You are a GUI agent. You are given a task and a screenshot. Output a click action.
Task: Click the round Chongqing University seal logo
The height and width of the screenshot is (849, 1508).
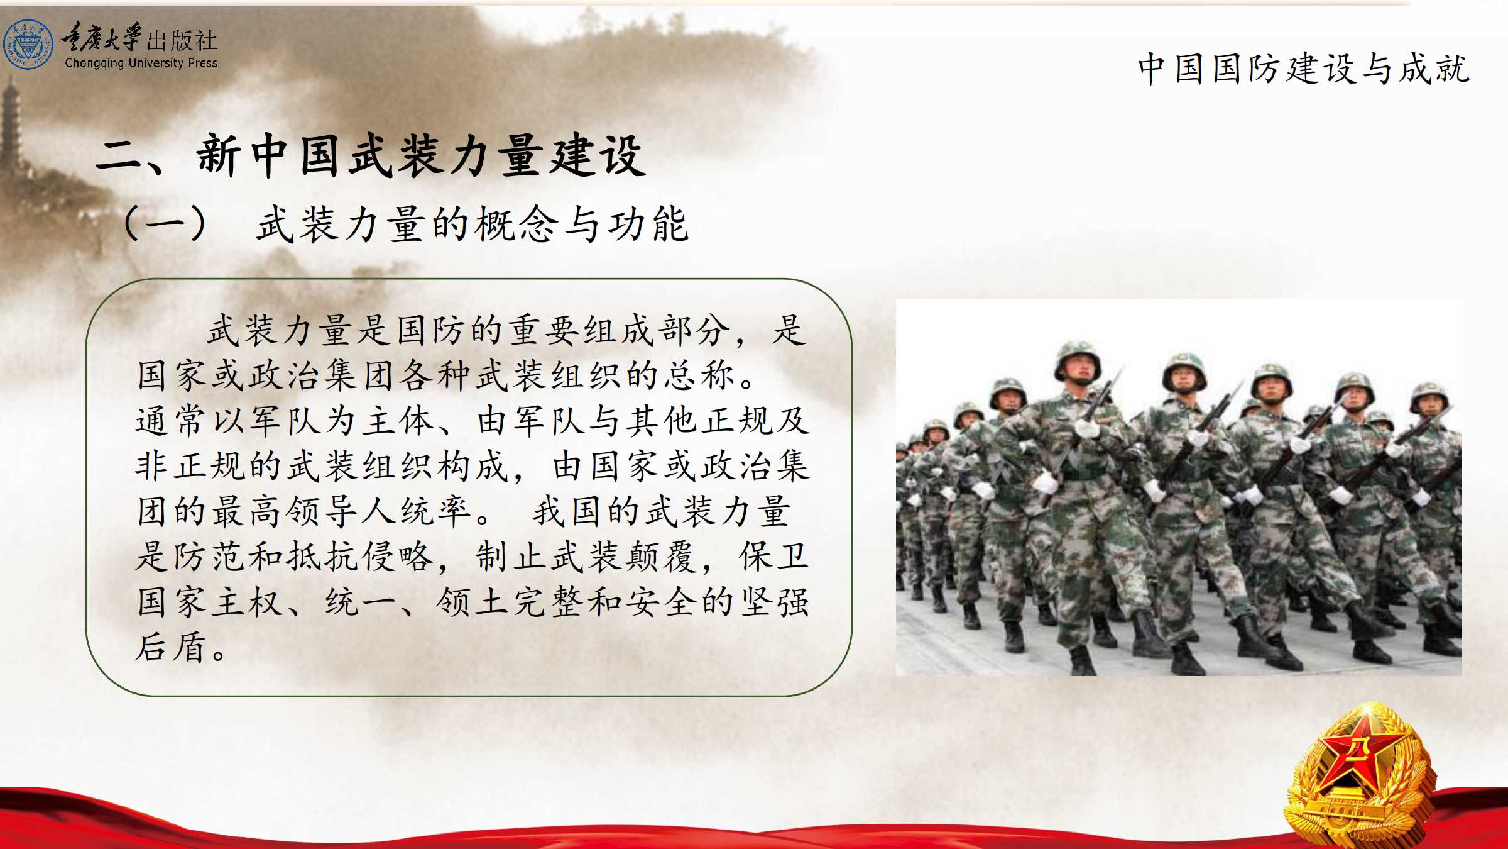28,44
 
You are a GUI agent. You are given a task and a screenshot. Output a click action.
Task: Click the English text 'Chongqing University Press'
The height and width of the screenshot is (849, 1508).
141,63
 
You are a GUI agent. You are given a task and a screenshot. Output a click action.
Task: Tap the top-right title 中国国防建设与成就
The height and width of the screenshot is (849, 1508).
1304,69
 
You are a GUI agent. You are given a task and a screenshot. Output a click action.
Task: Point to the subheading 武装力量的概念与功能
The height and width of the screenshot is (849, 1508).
473,224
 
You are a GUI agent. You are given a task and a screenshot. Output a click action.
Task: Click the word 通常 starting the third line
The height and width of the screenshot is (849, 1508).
171,421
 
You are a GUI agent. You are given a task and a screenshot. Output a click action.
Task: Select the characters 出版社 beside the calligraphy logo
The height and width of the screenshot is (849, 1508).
182,41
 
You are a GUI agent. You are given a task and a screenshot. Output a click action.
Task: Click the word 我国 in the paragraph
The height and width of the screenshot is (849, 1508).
569,511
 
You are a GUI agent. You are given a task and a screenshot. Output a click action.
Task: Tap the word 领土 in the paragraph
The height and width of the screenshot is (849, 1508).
473,602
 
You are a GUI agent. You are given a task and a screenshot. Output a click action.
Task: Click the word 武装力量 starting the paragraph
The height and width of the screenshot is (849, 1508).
280,330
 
